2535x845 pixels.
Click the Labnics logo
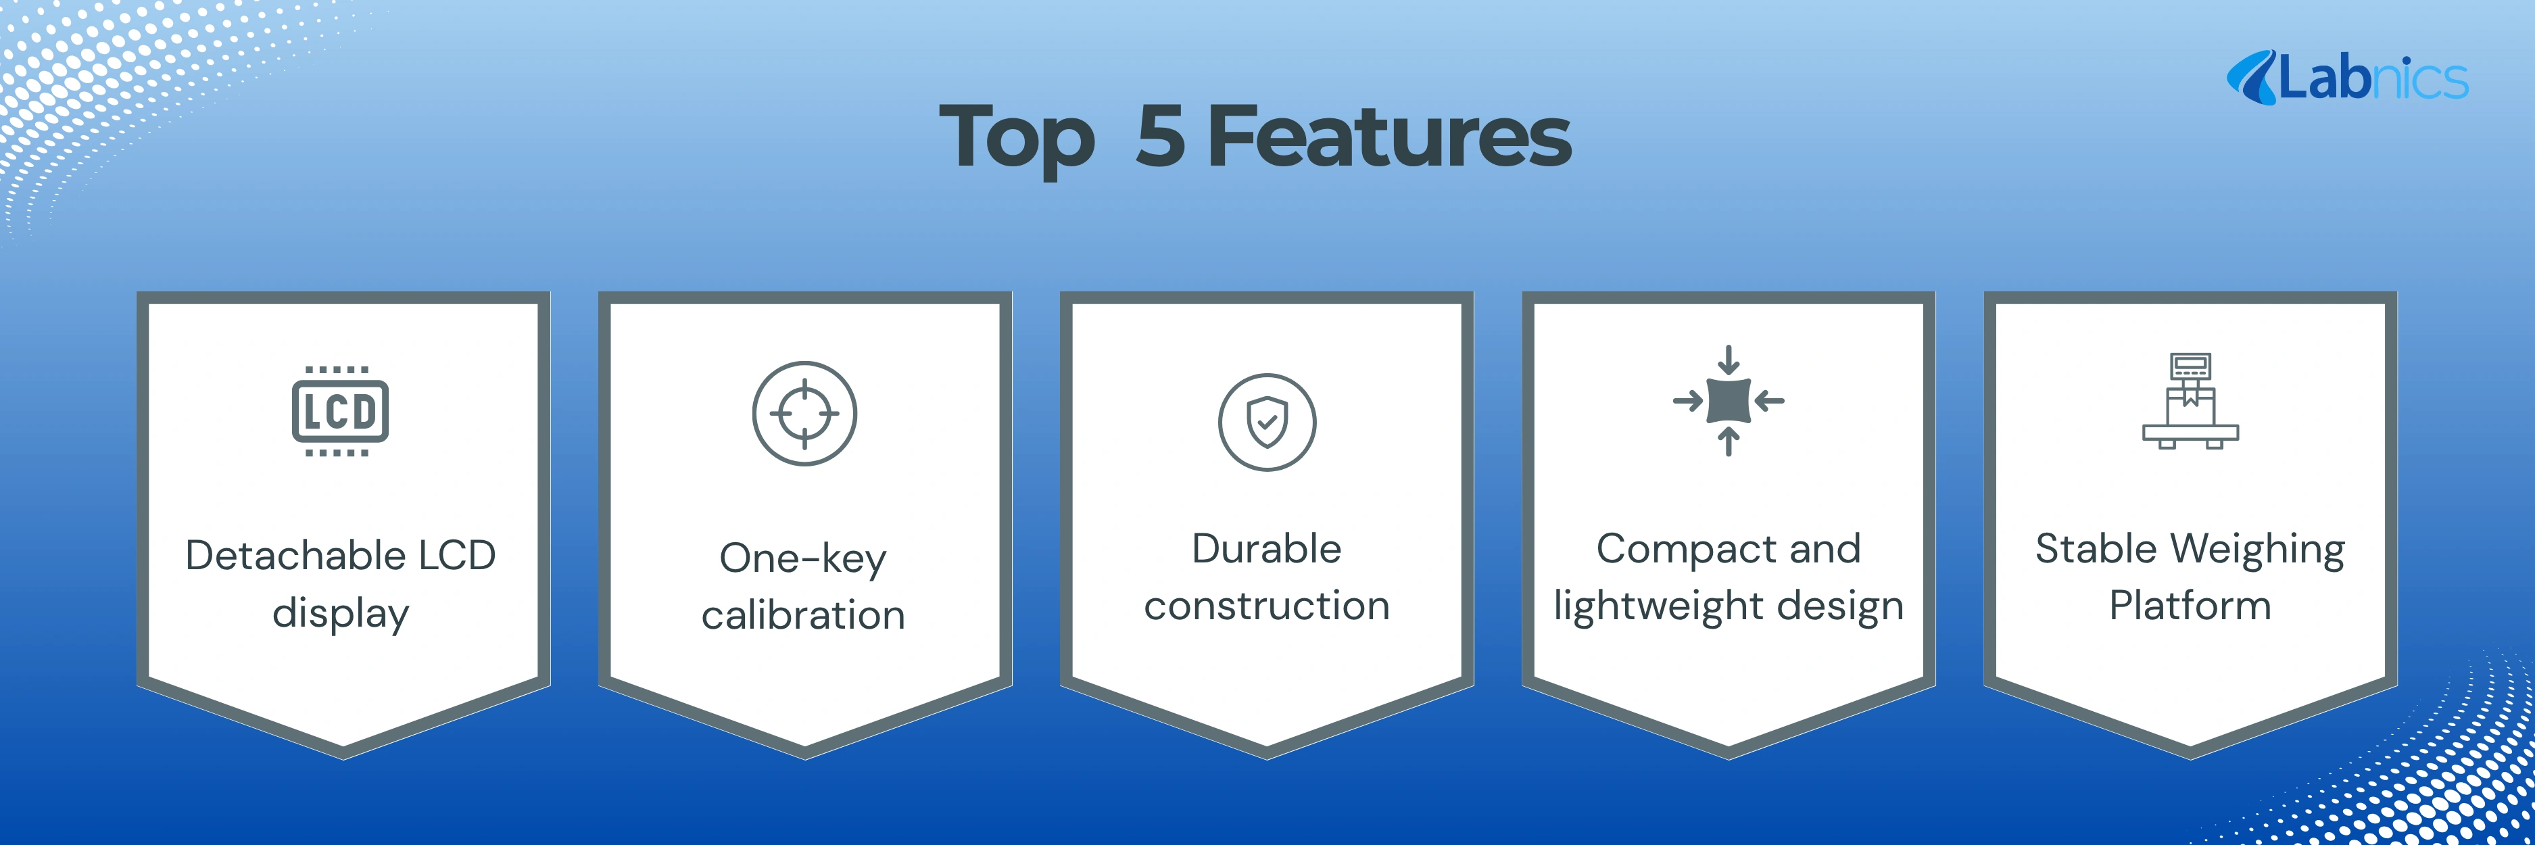pyautogui.click(x=2347, y=78)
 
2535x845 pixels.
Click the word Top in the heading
pyautogui.click(x=1017, y=141)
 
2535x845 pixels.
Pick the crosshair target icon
pyautogui.click(x=805, y=413)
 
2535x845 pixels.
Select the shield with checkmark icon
pyautogui.click(x=1267, y=422)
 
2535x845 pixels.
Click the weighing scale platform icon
pyautogui.click(x=2190, y=400)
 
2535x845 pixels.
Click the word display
pyautogui.click(x=341, y=613)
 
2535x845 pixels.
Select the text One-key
pyautogui.click(x=803, y=559)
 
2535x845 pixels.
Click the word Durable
pyautogui.click(x=1267, y=549)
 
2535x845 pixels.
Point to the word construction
pyautogui.click(x=1267, y=606)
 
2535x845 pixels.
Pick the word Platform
pyautogui.click(x=2190, y=606)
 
